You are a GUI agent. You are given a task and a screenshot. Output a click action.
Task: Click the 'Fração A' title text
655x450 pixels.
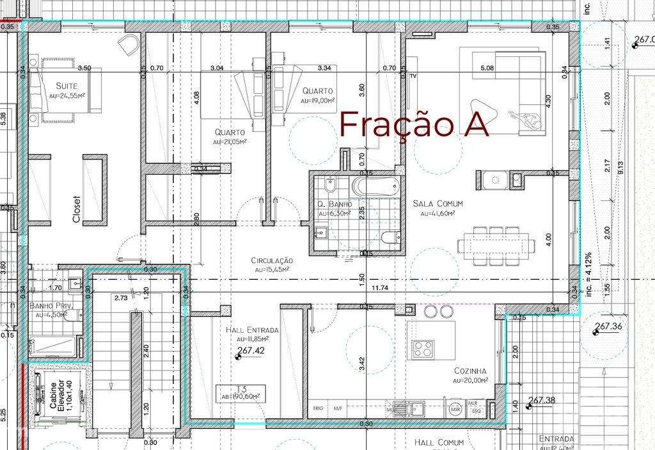pos(414,124)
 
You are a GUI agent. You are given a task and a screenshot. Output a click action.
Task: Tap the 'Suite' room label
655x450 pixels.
pos(67,86)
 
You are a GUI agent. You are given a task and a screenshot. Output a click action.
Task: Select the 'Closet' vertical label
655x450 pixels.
pos(77,209)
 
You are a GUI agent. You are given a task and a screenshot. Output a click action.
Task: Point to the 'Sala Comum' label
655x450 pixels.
pos(438,204)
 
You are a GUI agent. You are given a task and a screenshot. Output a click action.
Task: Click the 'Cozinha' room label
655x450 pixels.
pos(470,371)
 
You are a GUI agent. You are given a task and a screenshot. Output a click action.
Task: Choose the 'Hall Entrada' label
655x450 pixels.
pos(252,330)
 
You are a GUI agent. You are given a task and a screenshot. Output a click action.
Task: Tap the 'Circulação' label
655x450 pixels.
pos(271,261)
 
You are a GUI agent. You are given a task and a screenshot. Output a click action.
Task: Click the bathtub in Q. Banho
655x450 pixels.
pos(375,187)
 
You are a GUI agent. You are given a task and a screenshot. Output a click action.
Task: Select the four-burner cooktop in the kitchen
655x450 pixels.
pos(423,348)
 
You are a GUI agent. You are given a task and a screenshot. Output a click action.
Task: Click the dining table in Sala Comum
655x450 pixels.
pos(496,244)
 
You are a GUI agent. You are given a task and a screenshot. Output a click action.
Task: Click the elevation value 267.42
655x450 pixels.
pos(251,351)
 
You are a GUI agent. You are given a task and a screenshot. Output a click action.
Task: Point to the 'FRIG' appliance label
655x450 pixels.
pos(318,408)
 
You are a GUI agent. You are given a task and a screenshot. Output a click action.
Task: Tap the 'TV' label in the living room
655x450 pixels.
pos(413,76)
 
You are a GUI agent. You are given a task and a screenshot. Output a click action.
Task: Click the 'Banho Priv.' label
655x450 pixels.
pos(52,306)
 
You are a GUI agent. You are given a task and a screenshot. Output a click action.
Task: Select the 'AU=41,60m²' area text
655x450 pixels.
pos(438,213)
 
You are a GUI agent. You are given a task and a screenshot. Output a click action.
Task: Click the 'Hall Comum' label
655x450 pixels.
pos(438,442)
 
